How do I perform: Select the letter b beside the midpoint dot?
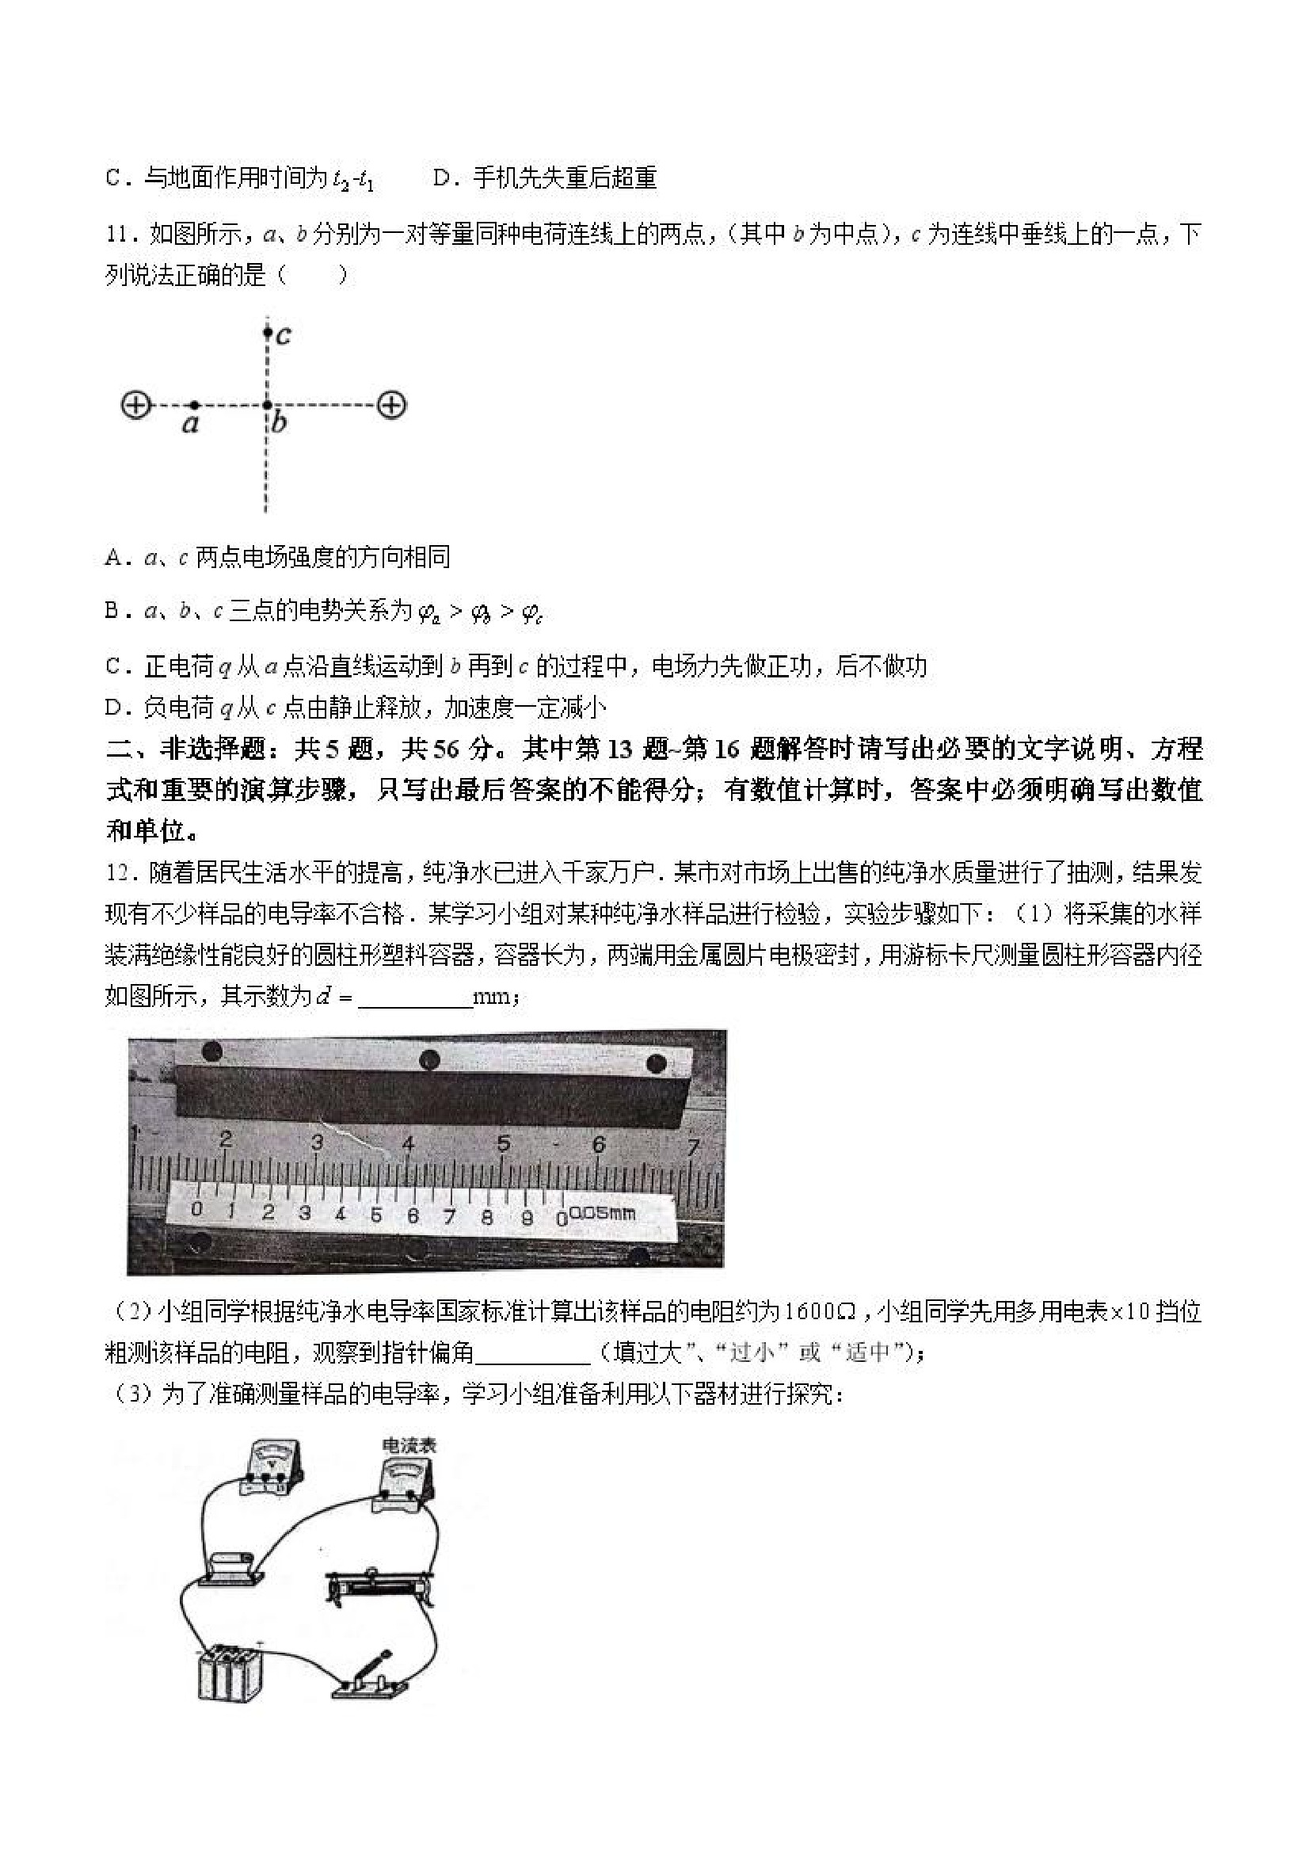(280, 422)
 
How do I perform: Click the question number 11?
(117, 235)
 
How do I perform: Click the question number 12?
(117, 873)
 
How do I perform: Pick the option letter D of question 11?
(113, 708)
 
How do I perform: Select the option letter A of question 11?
(113, 557)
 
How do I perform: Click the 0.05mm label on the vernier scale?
(602, 1213)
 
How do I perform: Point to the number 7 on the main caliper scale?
(692, 1146)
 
